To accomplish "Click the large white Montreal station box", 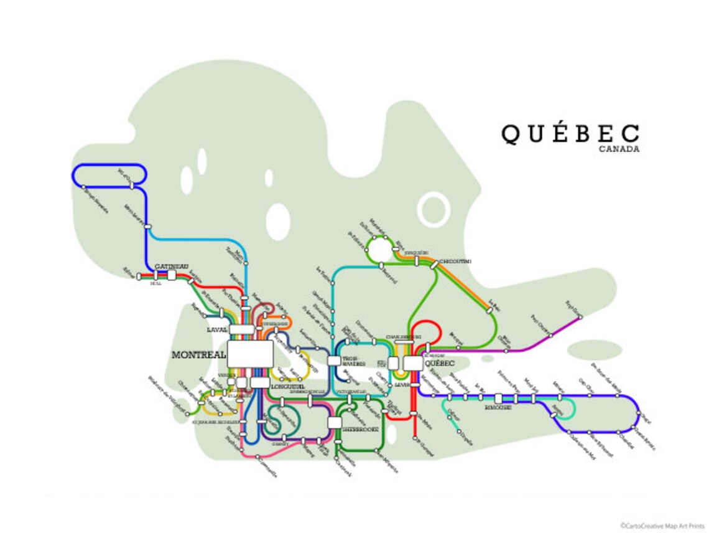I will click(x=249, y=354).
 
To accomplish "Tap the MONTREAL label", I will click(x=198, y=355).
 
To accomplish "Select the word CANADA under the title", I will click(x=619, y=149).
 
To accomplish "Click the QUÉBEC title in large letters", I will click(x=570, y=133).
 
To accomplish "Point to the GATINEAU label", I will click(x=171, y=266).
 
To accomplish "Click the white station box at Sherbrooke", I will click(x=335, y=423).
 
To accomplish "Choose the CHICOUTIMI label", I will click(x=455, y=261).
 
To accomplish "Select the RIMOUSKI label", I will click(x=498, y=407).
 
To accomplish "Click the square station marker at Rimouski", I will click(x=498, y=398).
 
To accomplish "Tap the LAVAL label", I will click(x=218, y=329).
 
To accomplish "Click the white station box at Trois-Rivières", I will click(x=333, y=360).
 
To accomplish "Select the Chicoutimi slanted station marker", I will click(x=433, y=265).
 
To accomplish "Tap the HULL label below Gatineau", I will click(x=156, y=283).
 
